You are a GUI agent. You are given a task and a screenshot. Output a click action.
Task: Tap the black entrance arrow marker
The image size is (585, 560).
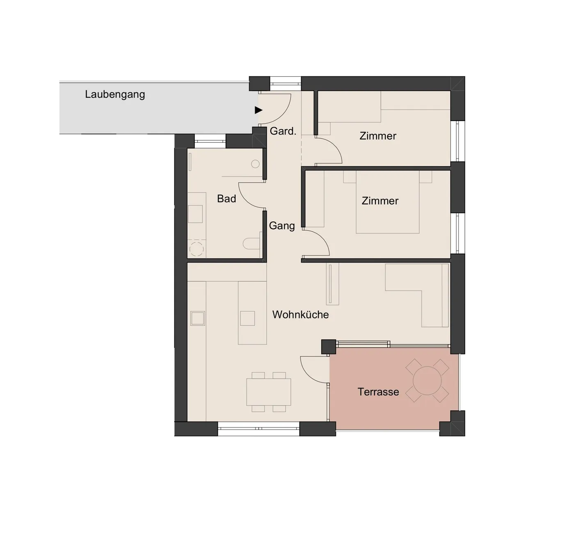(258, 110)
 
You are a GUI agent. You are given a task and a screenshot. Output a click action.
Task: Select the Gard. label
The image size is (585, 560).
(283, 131)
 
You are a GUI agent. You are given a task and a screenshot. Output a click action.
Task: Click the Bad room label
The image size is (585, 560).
(226, 199)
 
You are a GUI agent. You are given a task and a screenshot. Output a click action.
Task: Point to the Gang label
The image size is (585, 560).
(282, 226)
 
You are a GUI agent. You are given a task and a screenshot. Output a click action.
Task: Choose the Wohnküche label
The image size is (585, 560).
(300, 314)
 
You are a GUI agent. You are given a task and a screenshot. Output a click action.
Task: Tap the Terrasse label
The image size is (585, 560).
(378, 392)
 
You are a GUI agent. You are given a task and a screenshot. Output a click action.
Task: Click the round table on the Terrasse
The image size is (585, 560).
(427, 381)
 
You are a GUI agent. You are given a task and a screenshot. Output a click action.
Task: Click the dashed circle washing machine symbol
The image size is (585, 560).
(197, 249)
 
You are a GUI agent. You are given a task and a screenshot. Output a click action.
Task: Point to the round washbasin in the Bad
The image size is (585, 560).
(255, 164)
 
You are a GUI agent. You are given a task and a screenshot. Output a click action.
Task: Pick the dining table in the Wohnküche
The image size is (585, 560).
(269, 392)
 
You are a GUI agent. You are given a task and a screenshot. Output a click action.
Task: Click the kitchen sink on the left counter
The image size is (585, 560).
(197, 318)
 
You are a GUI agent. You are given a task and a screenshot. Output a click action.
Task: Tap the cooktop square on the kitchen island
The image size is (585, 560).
(247, 318)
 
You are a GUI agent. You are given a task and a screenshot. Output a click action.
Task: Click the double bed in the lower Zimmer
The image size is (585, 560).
(388, 202)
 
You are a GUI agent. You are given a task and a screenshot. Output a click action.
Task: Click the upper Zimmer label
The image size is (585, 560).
(378, 136)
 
